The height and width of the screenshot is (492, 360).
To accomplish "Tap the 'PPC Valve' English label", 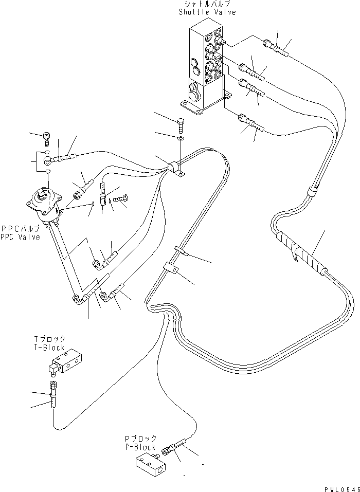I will pos(21,237).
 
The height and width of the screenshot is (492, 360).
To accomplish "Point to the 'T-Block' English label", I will pos(49,347).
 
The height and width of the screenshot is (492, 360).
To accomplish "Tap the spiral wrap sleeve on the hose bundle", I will pos(300,252).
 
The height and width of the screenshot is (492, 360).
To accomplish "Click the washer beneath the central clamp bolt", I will pos(179,138).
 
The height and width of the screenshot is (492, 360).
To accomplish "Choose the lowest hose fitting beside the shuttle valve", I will pos(251,125).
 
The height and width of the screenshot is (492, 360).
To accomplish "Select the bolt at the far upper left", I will pos(46,137).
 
